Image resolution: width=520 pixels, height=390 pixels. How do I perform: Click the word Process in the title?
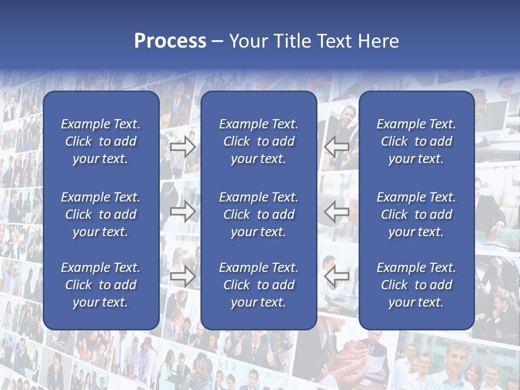[170, 41]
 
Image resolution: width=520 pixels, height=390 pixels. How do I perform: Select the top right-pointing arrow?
[183, 147]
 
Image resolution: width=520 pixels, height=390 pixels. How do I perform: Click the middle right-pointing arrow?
[183, 212]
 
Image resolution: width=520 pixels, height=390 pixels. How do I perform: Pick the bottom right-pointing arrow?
[183, 276]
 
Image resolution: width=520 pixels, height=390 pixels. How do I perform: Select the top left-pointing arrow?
[337, 147]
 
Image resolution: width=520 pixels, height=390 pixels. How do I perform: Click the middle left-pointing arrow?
[337, 212]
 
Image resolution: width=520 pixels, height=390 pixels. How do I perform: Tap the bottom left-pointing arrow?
[337, 276]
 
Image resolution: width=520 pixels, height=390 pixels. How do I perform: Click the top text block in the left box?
[101, 141]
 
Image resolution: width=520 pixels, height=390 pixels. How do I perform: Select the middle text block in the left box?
[101, 214]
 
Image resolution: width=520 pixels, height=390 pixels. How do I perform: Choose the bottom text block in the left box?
[101, 285]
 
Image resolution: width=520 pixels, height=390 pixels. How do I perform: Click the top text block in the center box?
[258, 141]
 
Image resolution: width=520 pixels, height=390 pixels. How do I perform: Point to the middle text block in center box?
[258, 214]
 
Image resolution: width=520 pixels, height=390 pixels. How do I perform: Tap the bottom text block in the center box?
[258, 285]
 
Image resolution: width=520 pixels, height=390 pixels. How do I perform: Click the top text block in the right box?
[416, 141]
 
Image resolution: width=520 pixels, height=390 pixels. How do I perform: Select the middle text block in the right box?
[416, 214]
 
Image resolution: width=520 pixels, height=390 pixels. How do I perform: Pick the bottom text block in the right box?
[416, 285]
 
